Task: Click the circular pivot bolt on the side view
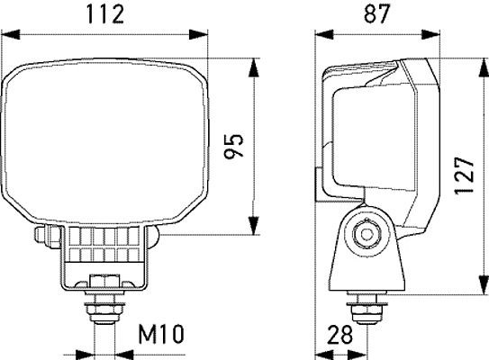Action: click(x=365, y=233)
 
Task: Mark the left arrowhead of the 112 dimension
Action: click(x=8, y=34)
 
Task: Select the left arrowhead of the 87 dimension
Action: click(x=318, y=34)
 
